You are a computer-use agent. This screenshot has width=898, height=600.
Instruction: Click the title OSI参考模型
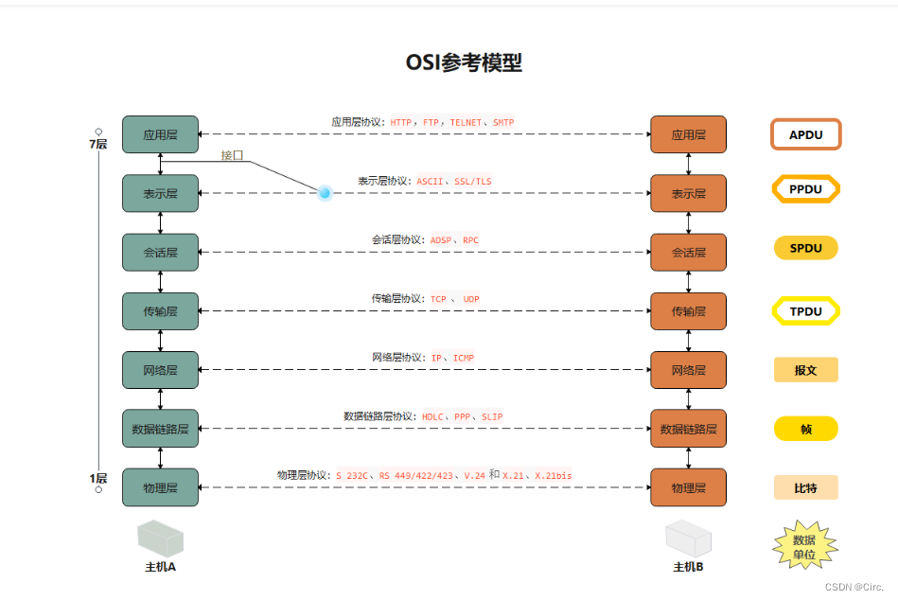coord(464,63)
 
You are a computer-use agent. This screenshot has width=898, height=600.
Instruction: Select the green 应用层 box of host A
coord(160,134)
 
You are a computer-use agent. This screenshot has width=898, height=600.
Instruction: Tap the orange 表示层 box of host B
coord(688,193)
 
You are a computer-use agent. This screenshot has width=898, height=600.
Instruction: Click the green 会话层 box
coord(160,253)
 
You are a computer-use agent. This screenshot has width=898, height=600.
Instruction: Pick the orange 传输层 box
coord(688,311)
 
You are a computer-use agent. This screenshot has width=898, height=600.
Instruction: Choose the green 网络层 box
coord(160,370)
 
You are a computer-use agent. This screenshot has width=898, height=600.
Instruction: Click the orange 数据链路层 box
coord(688,429)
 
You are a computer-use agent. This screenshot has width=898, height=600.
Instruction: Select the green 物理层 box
coord(160,487)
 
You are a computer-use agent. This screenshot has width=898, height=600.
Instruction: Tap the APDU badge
coord(805,134)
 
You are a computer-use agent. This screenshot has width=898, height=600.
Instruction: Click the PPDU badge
coord(805,189)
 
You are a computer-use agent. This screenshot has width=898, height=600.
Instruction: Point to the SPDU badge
coord(805,249)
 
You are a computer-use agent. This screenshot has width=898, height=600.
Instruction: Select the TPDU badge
coord(805,310)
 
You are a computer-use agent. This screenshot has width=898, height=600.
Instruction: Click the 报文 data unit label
coord(805,370)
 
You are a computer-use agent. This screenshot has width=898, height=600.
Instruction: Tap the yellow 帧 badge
coord(805,429)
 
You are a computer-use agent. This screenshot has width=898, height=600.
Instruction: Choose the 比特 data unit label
coord(805,487)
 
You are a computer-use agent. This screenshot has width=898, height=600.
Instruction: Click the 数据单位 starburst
coord(805,546)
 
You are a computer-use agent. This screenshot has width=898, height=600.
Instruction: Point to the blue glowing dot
coord(325,193)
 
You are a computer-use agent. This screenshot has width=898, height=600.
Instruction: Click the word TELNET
coord(466,123)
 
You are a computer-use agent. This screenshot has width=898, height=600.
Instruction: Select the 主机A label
coord(160,567)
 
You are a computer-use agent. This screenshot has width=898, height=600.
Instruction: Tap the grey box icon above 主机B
coord(687,539)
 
